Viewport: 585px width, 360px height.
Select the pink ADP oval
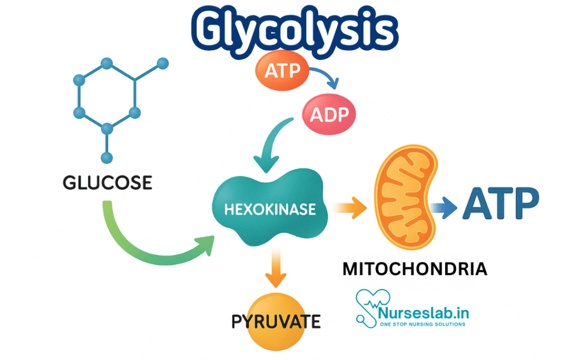(328, 115)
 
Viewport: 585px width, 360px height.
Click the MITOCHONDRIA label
(414, 269)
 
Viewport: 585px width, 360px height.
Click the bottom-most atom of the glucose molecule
(106, 158)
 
